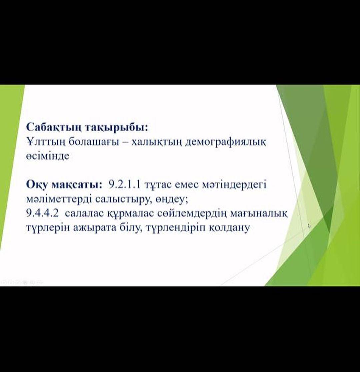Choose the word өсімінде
pos(48,156)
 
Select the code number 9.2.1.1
pos(124,185)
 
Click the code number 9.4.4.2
pos(42,213)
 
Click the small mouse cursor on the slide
pos(309,225)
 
